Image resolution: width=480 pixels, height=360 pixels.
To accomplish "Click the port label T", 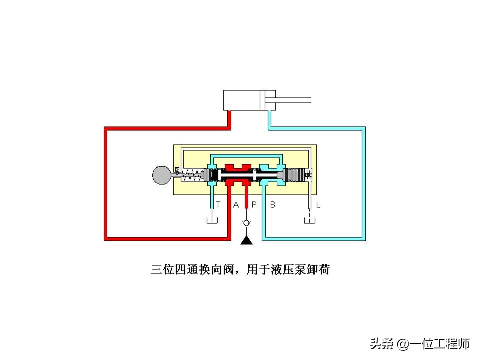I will click(218, 204).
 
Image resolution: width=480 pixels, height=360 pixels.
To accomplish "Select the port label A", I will click(236, 204).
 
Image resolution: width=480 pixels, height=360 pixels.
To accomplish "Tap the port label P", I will click(253, 204).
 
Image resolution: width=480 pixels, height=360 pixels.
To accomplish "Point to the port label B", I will click(273, 204).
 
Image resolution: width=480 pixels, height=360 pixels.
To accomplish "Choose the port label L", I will click(318, 204).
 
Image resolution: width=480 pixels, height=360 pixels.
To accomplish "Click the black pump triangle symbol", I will click(247, 241).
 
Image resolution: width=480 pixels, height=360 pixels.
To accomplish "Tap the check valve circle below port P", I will click(247, 222).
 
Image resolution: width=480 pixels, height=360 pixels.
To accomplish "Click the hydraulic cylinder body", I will click(244, 100).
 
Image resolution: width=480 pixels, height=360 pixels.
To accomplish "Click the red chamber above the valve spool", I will click(237, 167).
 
